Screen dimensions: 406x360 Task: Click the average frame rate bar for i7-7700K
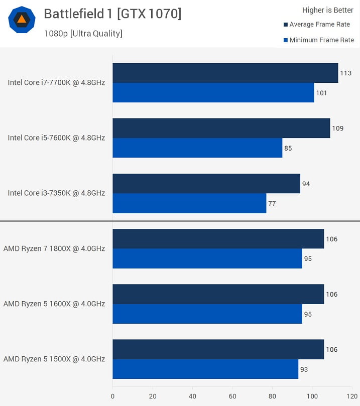(225, 73)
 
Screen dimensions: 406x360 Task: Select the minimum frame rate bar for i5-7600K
(197, 148)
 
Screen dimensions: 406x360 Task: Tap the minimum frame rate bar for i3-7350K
(189, 203)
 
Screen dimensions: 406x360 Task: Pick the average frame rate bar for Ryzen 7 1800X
(218, 239)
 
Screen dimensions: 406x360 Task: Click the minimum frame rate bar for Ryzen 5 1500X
(205, 369)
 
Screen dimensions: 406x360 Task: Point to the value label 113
(345, 73)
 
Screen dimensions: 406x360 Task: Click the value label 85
(288, 148)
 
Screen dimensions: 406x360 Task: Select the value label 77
(272, 203)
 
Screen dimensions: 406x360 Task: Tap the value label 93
(304, 369)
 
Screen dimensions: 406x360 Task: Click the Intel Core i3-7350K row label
(56, 193)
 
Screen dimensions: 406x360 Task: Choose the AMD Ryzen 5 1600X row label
(54, 304)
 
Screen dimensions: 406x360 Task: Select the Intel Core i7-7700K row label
(56, 82)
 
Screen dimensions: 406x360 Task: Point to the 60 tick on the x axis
(232, 396)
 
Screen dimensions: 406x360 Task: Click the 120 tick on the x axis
(352, 396)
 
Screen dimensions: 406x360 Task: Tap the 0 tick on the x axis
(112, 396)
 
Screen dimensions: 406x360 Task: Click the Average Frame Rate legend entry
(319, 25)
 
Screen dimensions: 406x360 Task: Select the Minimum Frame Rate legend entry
(321, 40)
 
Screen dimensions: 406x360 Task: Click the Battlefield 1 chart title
(112, 14)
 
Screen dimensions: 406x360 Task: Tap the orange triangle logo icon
(22, 20)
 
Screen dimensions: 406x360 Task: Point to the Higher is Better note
(328, 10)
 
